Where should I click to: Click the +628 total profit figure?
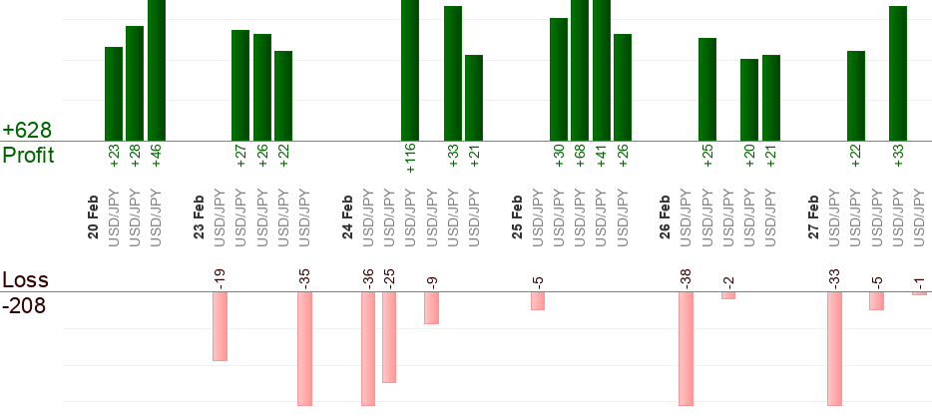coord(27,131)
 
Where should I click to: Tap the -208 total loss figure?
coord(24,305)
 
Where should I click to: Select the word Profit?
coord(28,155)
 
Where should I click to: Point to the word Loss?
coord(25,279)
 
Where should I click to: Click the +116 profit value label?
coord(410,158)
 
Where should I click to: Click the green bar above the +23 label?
coord(114,94)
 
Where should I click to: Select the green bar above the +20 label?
coord(749,100)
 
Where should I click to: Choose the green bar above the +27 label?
coord(240,85)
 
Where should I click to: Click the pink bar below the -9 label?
coord(431,307)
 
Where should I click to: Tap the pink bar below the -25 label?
coord(389,337)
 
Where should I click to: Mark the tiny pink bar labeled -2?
coord(728,295)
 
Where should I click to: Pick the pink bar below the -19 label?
coord(220,326)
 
